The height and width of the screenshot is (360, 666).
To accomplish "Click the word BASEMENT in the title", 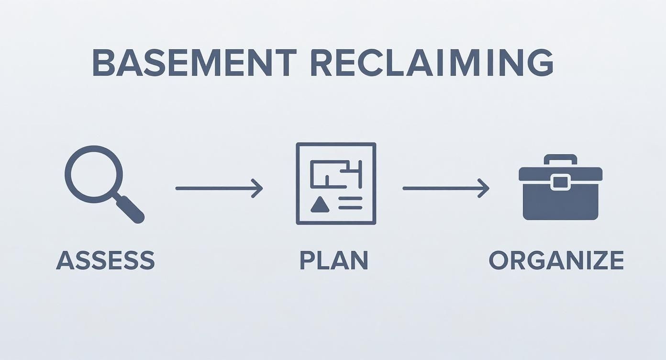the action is tap(195, 63).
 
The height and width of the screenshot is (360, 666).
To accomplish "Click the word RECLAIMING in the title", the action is tap(432, 63).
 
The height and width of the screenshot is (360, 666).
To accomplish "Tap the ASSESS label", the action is tap(106, 260).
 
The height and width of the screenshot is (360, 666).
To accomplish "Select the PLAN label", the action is tap(334, 260).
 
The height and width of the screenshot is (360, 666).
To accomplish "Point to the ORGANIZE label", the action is tap(556, 260).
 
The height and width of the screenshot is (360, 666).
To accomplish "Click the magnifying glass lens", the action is tap(94, 174).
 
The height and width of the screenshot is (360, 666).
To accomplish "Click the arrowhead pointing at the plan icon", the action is tap(257, 188).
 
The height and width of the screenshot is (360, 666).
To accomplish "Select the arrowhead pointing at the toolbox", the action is tap(484, 188).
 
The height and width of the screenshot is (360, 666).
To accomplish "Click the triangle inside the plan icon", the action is tap(320, 205).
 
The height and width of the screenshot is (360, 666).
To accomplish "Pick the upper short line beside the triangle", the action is tap(350, 199).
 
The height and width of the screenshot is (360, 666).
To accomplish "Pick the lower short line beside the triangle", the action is tap(350, 207).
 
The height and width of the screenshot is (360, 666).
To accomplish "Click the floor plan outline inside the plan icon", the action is tap(311, 174).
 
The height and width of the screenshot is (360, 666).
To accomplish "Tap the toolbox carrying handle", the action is tap(560, 156).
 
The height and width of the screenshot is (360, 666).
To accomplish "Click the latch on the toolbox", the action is tap(560, 182).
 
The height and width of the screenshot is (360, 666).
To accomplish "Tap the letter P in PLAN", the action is tap(307, 260).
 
